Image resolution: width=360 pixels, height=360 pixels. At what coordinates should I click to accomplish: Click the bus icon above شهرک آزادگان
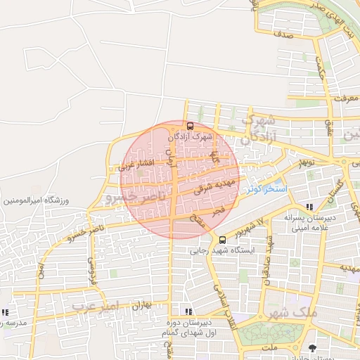[190, 125]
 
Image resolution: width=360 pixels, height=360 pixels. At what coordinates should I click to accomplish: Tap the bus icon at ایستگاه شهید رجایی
[223, 240]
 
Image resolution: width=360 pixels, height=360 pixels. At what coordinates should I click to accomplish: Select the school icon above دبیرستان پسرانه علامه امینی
[310, 207]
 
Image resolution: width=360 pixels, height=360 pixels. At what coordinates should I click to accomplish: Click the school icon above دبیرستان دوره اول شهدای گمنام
[187, 311]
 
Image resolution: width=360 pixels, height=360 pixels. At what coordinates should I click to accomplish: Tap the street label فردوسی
[91, 270]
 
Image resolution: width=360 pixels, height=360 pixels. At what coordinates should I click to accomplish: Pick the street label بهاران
[142, 305]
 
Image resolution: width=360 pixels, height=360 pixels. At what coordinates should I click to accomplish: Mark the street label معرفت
[345, 98]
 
